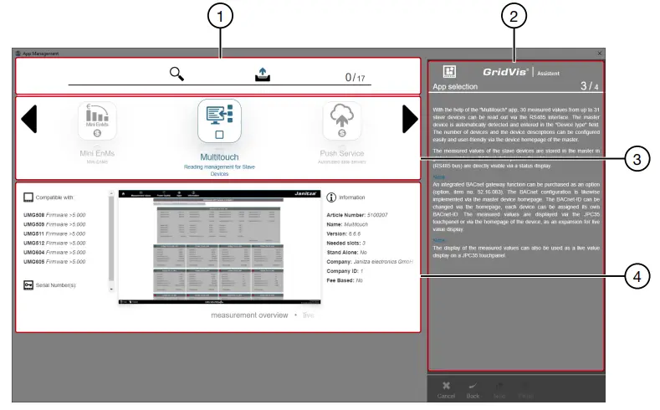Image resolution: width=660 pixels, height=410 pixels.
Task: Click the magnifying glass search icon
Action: click(177, 74)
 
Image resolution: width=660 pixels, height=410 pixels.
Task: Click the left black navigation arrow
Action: click(29, 120)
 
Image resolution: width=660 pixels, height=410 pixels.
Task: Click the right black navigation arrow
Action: click(409, 120)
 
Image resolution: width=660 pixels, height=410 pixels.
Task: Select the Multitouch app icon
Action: click(219, 120)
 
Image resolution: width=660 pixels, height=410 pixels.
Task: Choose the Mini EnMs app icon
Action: click(97, 120)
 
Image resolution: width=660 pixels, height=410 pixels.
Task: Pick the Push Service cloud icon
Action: click(342, 120)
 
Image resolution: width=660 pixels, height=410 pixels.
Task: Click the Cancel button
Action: click(446, 389)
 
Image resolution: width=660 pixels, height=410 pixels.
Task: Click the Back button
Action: click(473, 389)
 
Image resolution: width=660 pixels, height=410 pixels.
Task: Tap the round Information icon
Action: click(331, 198)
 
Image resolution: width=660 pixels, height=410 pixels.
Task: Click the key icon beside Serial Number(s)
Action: click(29, 284)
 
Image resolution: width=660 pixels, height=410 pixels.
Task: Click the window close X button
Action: click(600, 54)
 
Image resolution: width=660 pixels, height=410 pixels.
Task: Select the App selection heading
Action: click(455, 86)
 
